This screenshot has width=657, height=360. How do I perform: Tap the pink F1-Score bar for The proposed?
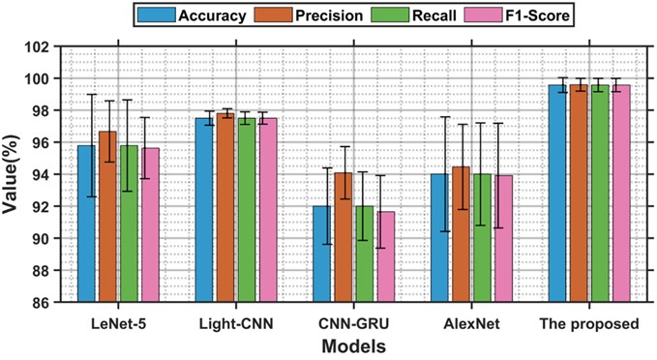621,194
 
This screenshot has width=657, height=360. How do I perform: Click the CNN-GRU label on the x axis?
355,323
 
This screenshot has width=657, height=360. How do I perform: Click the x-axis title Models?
353,345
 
